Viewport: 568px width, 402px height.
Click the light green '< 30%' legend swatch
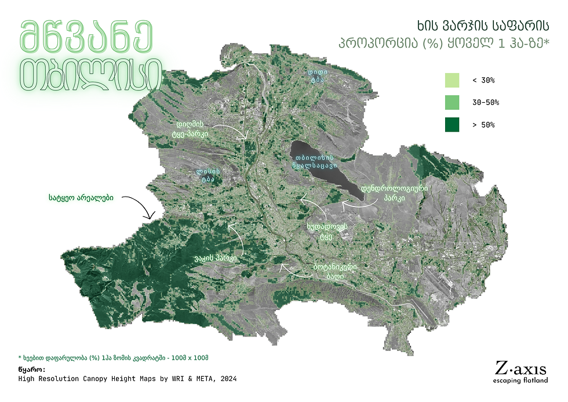click(x=452, y=80)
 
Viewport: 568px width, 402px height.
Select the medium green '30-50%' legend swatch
click(x=452, y=102)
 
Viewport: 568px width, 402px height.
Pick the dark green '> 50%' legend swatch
click(x=452, y=124)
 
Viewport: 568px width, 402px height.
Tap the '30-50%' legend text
click(x=486, y=103)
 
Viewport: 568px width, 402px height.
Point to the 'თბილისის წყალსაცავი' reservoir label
click(x=314, y=161)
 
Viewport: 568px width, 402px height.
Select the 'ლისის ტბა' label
click(x=207, y=175)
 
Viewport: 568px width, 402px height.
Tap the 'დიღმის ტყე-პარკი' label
click(x=190, y=128)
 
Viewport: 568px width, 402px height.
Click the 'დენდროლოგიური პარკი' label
click(x=394, y=193)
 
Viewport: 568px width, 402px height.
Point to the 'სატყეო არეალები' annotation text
click(x=81, y=198)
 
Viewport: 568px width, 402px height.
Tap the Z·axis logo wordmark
click(x=520, y=367)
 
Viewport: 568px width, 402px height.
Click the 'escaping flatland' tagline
click(x=520, y=381)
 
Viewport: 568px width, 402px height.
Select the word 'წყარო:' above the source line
click(x=31, y=369)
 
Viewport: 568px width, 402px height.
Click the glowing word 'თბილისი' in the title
click(x=91, y=71)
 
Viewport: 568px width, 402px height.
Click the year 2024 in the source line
click(x=227, y=379)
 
